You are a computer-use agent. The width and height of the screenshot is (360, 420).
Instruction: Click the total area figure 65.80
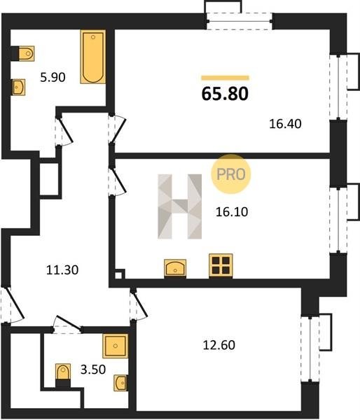[225, 94]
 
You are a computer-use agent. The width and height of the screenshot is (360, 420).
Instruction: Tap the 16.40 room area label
[285, 124]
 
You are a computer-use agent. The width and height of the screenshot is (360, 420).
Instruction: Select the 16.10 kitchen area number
[232, 212]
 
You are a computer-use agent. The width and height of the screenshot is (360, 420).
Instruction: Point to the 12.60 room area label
[219, 345]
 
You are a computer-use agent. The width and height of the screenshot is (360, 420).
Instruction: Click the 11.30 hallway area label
[62, 269]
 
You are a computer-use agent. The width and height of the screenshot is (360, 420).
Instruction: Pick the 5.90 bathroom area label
[53, 78]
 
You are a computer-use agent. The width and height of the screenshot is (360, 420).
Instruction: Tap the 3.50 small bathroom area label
[93, 370]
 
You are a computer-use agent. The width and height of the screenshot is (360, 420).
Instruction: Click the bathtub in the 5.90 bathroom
[92, 57]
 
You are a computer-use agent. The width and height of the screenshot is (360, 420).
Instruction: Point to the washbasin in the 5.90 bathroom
[19, 87]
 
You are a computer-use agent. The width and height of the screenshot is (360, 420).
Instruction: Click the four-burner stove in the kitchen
[221, 265]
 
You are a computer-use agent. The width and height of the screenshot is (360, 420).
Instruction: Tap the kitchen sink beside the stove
[175, 268]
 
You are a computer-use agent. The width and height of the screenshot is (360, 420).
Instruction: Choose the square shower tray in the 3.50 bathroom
[116, 346]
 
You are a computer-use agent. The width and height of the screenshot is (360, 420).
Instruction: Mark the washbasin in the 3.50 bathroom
[120, 383]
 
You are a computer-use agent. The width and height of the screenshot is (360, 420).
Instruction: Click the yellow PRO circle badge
[231, 174]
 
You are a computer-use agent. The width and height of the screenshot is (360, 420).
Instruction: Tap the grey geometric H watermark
[179, 206]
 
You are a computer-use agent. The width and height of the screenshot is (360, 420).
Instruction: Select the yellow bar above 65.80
[225, 78]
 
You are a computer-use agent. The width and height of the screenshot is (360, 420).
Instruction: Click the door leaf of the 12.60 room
[139, 304]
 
